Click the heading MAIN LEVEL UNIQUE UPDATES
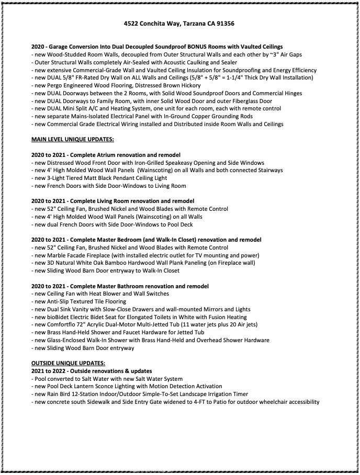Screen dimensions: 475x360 point(72,139)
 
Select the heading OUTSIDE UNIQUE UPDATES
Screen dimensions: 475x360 point(68,363)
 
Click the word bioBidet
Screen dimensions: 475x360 point(59,317)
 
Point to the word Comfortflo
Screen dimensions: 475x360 point(63,325)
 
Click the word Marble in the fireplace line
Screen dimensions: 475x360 point(57,255)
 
